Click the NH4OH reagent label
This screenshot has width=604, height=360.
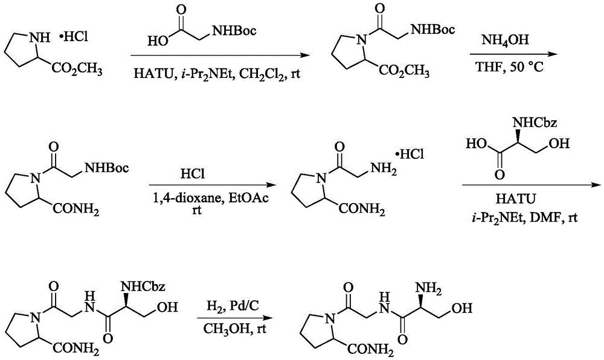tap(505, 40)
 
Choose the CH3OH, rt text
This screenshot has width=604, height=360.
tap(234, 329)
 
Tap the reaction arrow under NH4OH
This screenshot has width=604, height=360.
tap(512, 54)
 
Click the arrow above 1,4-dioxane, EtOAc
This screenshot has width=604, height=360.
tap(213, 185)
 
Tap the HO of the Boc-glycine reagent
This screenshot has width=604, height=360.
tap(158, 41)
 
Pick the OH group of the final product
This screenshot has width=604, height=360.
tap(462, 308)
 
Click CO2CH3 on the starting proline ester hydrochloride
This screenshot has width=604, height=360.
tap(77, 70)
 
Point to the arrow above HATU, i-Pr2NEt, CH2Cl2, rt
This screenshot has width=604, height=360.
tap(220, 55)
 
